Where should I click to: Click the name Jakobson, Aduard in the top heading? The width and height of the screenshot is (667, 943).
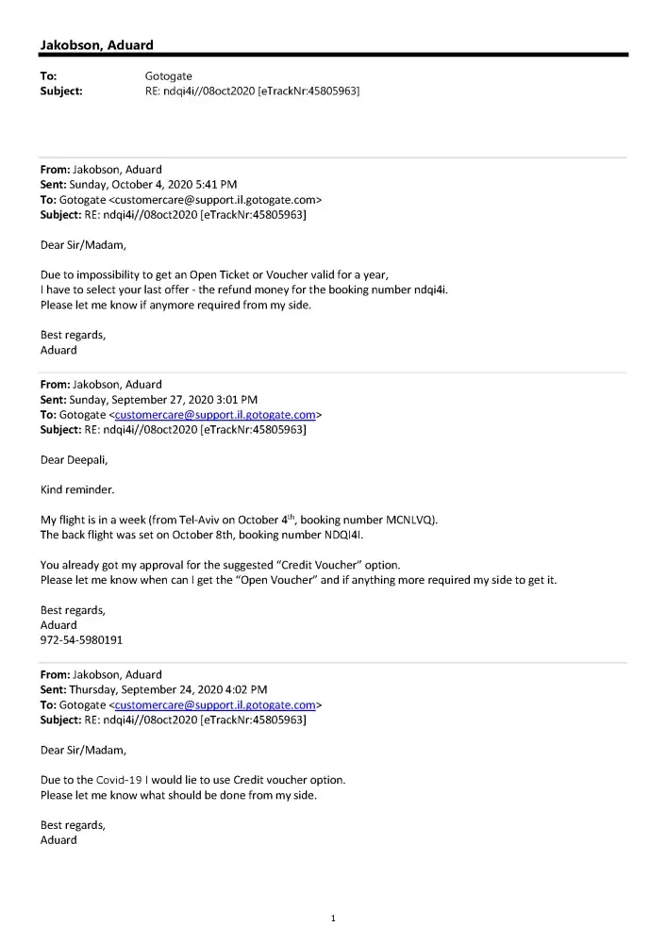pos(96,45)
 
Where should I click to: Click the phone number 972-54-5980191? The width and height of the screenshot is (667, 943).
pos(81,639)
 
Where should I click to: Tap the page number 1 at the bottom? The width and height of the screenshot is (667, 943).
pos(333,918)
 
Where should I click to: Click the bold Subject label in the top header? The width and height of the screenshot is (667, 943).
pos(61,91)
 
